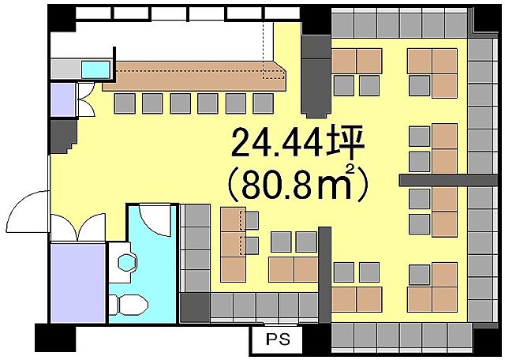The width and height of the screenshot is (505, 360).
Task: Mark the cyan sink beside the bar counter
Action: [95, 68]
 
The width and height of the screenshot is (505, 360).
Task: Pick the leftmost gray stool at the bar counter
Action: [125, 102]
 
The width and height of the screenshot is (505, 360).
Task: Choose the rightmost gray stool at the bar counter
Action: [261, 102]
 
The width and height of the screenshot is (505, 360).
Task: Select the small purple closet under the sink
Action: [62, 98]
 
